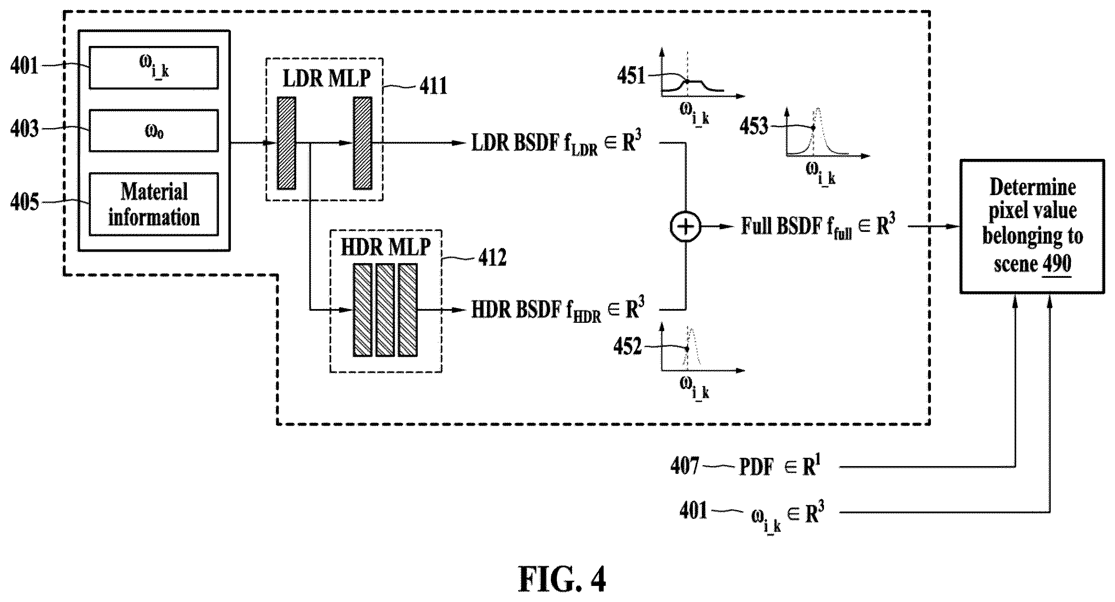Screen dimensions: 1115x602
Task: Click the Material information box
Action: tap(154, 204)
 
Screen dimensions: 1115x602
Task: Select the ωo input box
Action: tap(154, 130)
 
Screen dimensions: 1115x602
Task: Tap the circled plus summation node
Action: tap(686, 227)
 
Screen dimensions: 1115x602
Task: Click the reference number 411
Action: tap(433, 86)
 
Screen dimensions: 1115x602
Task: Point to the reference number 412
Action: tap(492, 258)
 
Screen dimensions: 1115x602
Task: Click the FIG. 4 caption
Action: tap(562, 580)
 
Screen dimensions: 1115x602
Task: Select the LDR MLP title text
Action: tap(326, 78)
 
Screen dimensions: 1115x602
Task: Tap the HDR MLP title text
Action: tap(386, 248)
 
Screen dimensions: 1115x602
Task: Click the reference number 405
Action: tap(24, 202)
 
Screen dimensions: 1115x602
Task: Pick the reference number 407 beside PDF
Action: tap(684, 466)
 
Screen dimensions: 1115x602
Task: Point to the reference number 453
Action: tap(753, 126)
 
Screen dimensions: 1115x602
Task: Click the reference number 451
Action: tap(631, 76)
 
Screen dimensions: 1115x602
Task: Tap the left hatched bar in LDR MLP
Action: tap(286, 143)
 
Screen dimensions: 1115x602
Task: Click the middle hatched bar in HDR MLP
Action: tap(385, 310)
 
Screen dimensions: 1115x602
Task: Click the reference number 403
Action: tap(24, 129)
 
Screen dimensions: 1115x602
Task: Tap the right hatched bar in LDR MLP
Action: tap(362, 143)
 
